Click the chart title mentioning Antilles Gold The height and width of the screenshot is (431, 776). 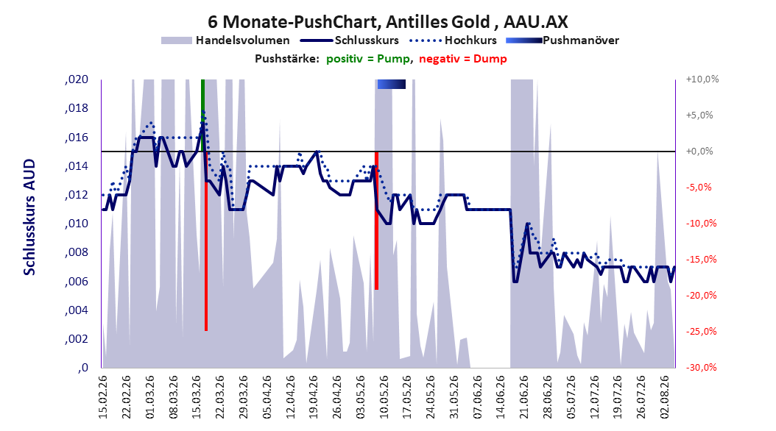tap(387, 22)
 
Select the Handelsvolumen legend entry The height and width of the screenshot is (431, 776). tap(226, 40)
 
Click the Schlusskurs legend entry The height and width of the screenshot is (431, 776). tap(350, 40)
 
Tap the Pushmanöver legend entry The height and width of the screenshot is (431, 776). tap(562, 40)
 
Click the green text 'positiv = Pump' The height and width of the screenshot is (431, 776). tap(368, 59)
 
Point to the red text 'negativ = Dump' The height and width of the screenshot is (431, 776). tap(463, 59)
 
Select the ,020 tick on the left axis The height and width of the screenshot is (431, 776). tap(77, 79)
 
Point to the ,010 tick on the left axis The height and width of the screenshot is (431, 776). tap(77, 224)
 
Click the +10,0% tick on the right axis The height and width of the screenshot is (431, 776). tap(702, 79)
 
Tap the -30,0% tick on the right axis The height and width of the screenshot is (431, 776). tap(701, 367)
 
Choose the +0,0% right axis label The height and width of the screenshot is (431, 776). tap(699, 152)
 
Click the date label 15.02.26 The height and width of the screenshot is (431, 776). tap(103, 397)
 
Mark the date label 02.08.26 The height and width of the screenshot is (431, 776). tap(664, 397)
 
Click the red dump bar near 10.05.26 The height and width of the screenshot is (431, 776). tap(377, 221)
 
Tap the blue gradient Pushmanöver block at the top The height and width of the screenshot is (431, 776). tap(392, 84)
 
